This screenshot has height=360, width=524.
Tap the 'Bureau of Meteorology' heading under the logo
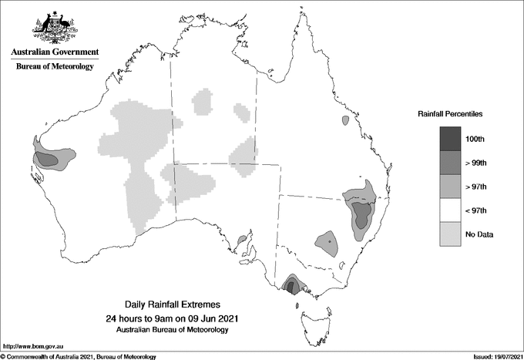(x=55, y=66)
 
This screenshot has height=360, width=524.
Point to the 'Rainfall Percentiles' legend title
(x=450, y=114)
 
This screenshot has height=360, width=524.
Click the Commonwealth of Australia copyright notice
(x=79, y=356)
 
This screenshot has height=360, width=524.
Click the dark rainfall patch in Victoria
(x=291, y=285)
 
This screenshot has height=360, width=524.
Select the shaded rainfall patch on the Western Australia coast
(x=48, y=158)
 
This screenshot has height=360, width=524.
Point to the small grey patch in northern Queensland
(x=344, y=120)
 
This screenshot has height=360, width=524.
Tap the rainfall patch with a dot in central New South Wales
(x=327, y=242)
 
